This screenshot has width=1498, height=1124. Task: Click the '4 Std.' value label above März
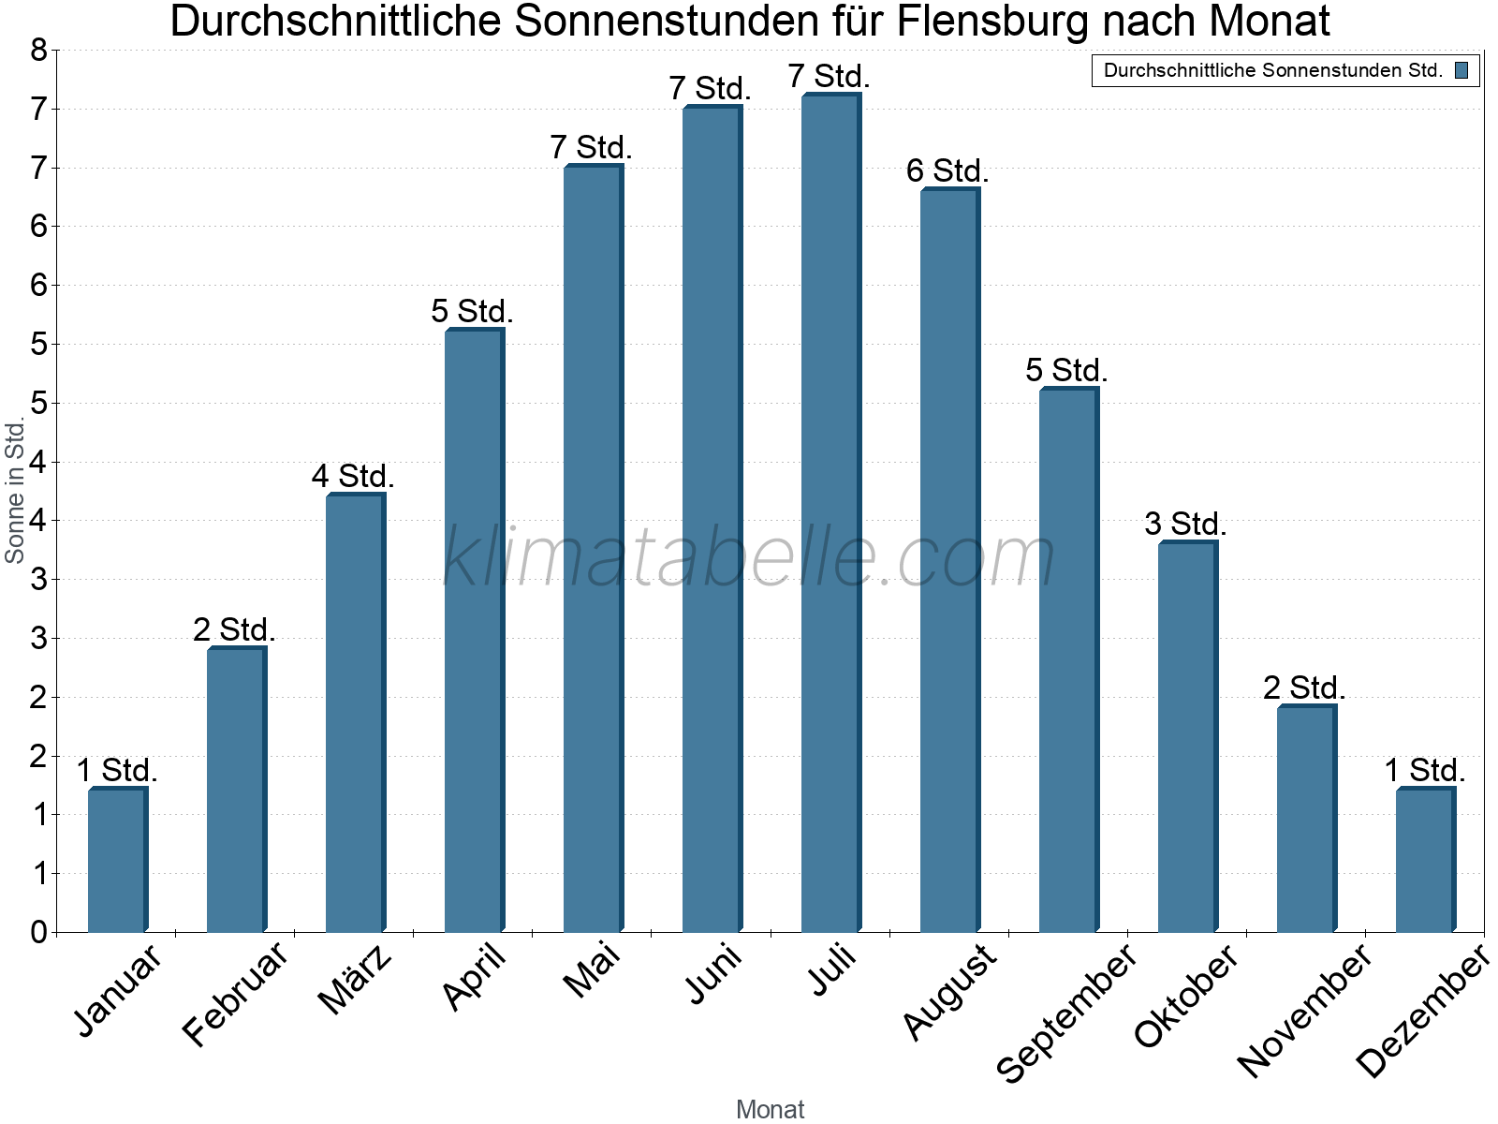coord(353,477)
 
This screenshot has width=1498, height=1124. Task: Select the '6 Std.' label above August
coord(947,171)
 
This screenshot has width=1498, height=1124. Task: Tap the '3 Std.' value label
coord(1185,525)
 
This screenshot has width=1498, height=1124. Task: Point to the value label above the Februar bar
coord(234,630)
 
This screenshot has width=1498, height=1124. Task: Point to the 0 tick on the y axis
coord(38,932)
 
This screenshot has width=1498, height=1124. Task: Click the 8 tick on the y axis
coord(38,51)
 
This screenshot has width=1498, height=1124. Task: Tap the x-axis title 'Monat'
coord(770,1109)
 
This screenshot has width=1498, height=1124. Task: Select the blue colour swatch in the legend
coord(1461,70)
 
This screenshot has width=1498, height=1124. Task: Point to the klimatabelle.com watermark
coord(749,557)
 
